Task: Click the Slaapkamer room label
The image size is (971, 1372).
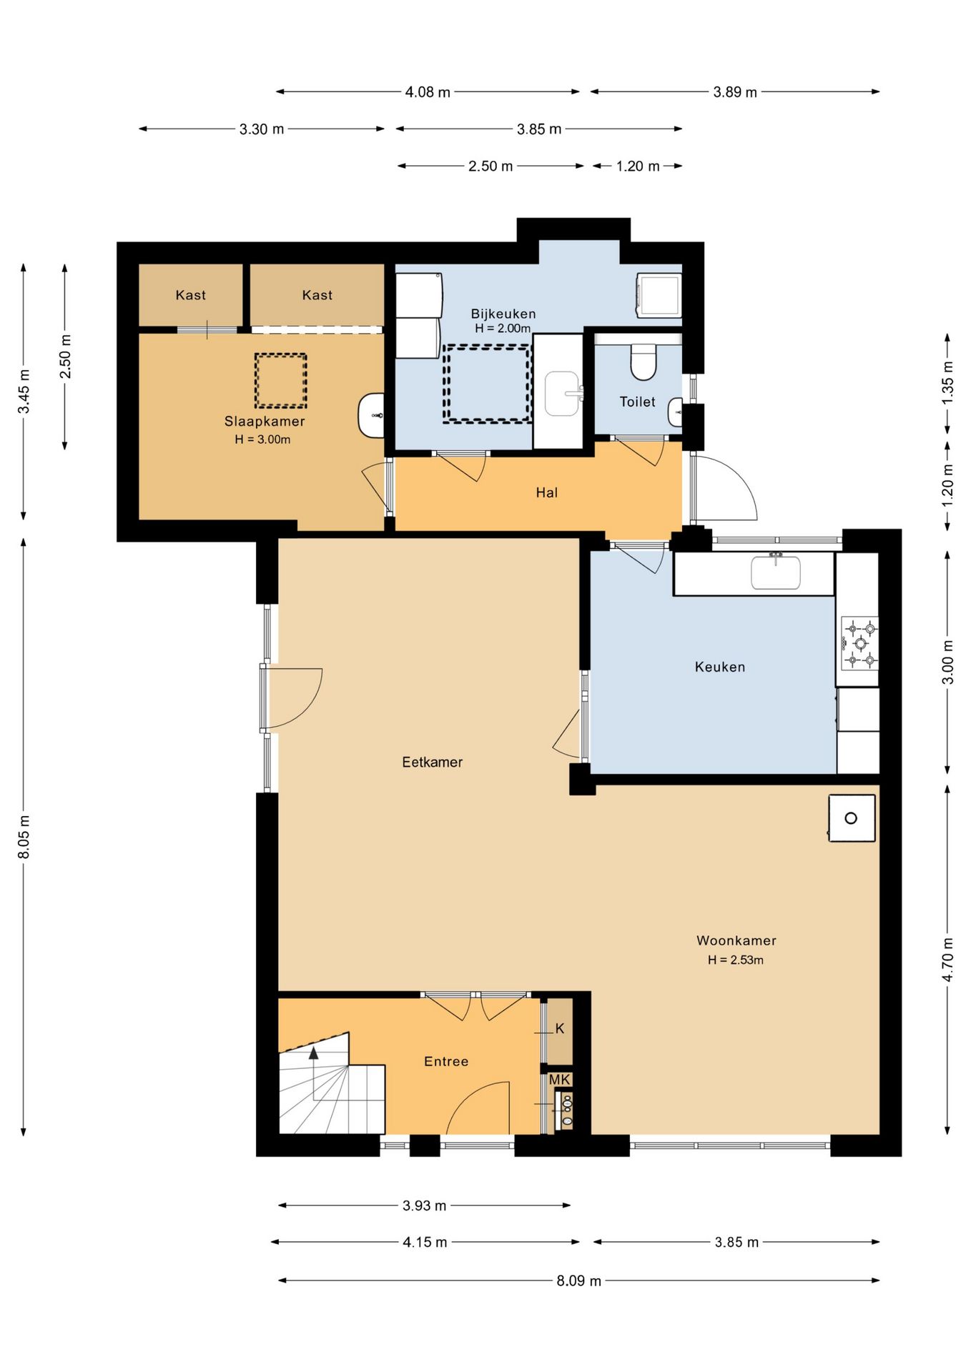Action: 265,422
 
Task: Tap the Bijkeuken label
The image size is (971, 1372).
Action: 503,314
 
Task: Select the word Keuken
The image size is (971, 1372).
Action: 720,667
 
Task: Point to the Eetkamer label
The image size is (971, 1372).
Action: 432,762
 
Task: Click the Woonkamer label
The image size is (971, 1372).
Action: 736,941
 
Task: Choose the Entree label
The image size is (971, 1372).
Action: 446,1062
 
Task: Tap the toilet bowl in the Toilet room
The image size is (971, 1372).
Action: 644,362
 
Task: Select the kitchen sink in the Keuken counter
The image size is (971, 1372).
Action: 776,572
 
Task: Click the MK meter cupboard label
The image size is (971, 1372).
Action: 560,1080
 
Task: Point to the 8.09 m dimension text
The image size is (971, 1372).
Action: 579,1281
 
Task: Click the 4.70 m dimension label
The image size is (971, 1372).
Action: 948,960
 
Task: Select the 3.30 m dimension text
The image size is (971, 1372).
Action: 262,129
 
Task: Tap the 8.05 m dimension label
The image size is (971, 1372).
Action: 24,837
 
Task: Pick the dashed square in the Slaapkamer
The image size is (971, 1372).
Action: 281,381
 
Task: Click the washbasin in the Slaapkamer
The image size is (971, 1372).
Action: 371,414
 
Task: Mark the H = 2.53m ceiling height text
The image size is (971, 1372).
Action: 736,960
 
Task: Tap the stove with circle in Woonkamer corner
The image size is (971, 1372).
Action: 852,818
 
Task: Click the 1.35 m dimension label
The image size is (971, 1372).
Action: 948,383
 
